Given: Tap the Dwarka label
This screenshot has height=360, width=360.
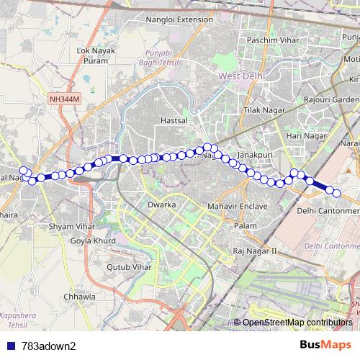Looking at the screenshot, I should [x=161, y=204].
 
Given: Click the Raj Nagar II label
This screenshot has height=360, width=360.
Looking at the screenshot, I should [x=256, y=251].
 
